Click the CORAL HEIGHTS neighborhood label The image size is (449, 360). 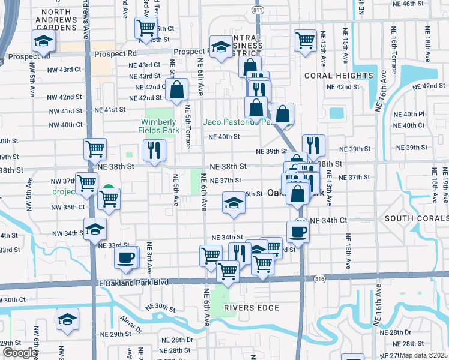coord(339,76)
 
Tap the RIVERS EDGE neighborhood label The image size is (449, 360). coord(252,308)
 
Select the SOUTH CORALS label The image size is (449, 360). coord(416,218)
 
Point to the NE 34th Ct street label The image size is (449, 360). coord(329,221)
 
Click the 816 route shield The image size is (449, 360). coord(321,278)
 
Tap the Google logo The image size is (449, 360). coord(20,352)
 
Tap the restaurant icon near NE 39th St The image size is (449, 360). coord(313,145)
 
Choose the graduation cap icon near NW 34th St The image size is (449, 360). coord(95,229)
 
